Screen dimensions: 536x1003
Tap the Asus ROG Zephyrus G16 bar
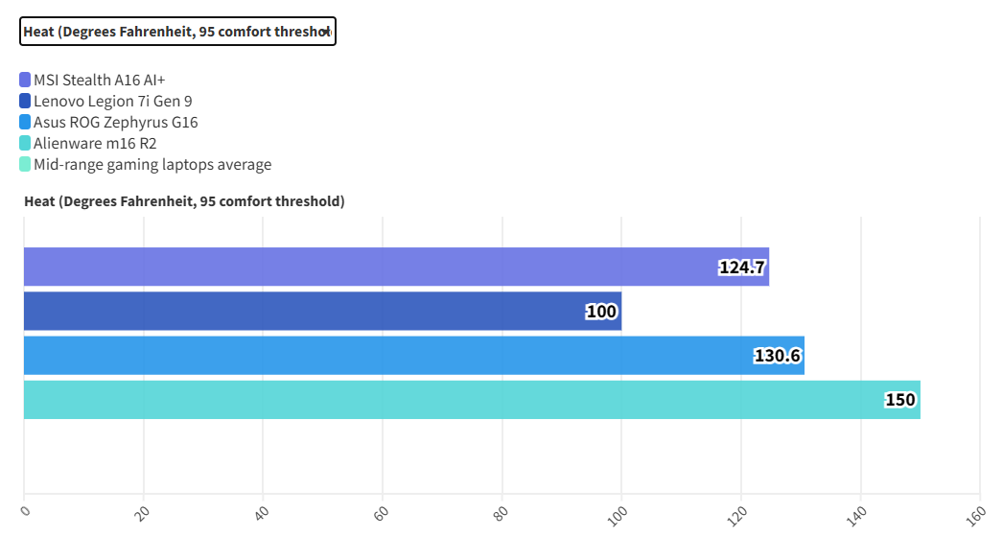(x=413, y=356)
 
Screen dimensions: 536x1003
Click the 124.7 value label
(x=742, y=268)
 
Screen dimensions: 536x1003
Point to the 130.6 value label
(x=778, y=357)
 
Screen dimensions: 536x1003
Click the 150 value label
(x=900, y=401)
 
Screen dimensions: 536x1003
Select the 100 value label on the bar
(x=602, y=313)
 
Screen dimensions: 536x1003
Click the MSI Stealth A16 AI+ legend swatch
(x=25, y=80)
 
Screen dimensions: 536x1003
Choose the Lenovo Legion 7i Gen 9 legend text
(x=119, y=101)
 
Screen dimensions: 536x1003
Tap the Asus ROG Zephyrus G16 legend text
(x=116, y=122)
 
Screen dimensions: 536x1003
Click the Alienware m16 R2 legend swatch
(x=25, y=143)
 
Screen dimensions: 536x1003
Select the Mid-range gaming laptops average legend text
(x=152, y=164)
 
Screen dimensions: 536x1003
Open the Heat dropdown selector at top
(x=177, y=32)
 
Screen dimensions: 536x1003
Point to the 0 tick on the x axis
(x=26, y=512)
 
